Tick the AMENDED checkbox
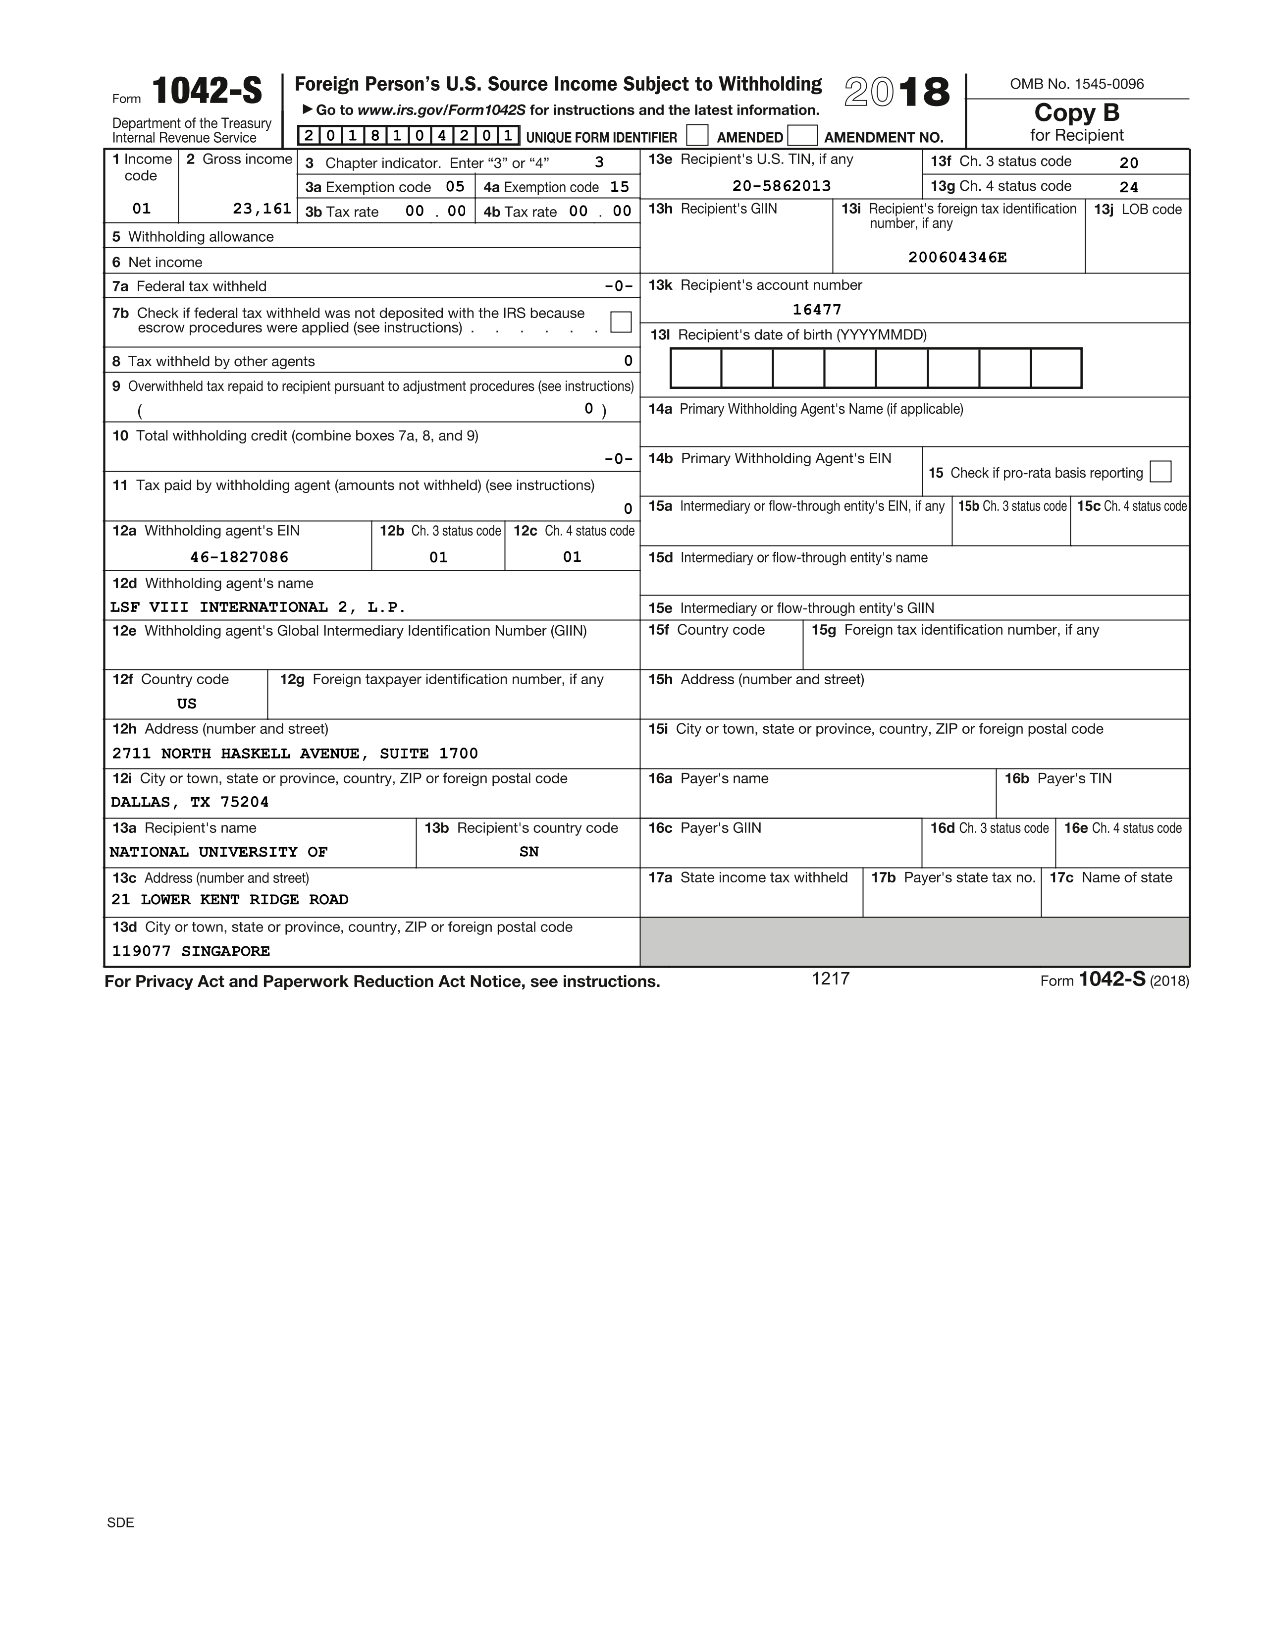point(696,135)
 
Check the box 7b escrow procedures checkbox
point(620,322)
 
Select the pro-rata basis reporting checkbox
point(1160,472)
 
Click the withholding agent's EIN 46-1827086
point(239,557)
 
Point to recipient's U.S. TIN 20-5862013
point(781,186)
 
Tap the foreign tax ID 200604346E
point(957,258)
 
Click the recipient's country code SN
point(529,852)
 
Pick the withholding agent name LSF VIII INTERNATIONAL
point(258,607)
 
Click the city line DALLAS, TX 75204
point(189,803)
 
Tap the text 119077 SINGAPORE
point(191,951)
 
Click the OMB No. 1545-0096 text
point(1077,84)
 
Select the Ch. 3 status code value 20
point(1128,163)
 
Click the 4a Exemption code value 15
point(620,187)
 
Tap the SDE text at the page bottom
point(120,1522)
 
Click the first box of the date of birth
point(696,368)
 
